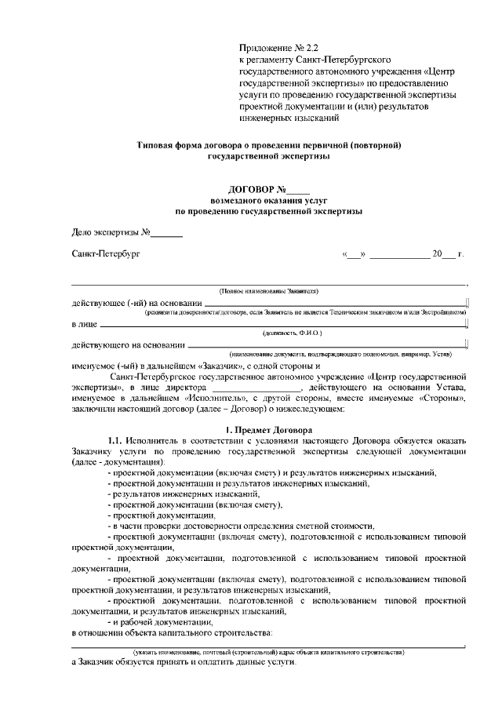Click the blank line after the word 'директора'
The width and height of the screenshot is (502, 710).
coord(256,388)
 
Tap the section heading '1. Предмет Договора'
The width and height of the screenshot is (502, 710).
coord(268,430)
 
